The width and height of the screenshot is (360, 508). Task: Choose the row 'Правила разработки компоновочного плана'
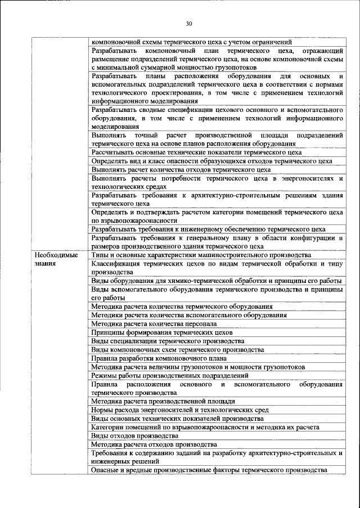[x=159, y=358]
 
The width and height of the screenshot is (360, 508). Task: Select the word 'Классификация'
[x=120, y=263]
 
